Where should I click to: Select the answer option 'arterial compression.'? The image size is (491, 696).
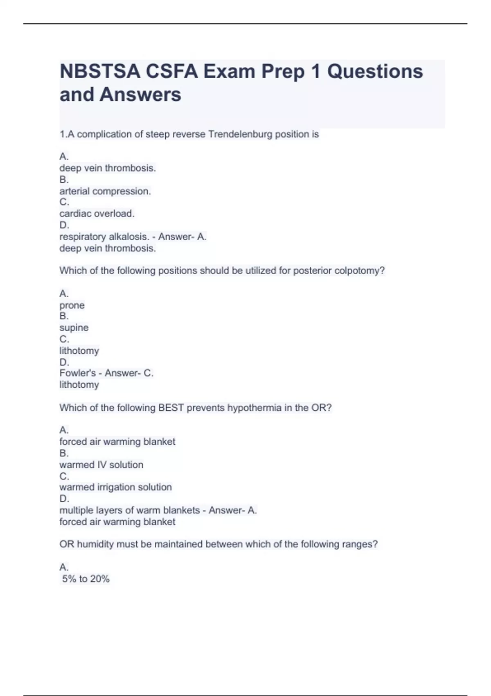pyautogui.click(x=105, y=191)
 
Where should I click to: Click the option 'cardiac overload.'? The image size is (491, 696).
pyautogui.click(x=97, y=214)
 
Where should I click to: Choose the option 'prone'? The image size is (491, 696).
pyautogui.click(x=72, y=305)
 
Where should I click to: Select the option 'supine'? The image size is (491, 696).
pyautogui.click(x=74, y=328)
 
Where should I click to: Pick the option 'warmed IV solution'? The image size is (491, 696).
pyautogui.click(x=101, y=465)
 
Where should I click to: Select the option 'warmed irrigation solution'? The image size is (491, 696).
pyautogui.click(x=115, y=487)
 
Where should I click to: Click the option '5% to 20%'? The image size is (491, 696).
pyautogui.click(x=86, y=579)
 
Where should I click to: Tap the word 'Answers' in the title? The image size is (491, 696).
pyautogui.click(x=140, y=95)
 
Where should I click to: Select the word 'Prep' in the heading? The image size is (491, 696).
pyautogui.click(x=283, y=72)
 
